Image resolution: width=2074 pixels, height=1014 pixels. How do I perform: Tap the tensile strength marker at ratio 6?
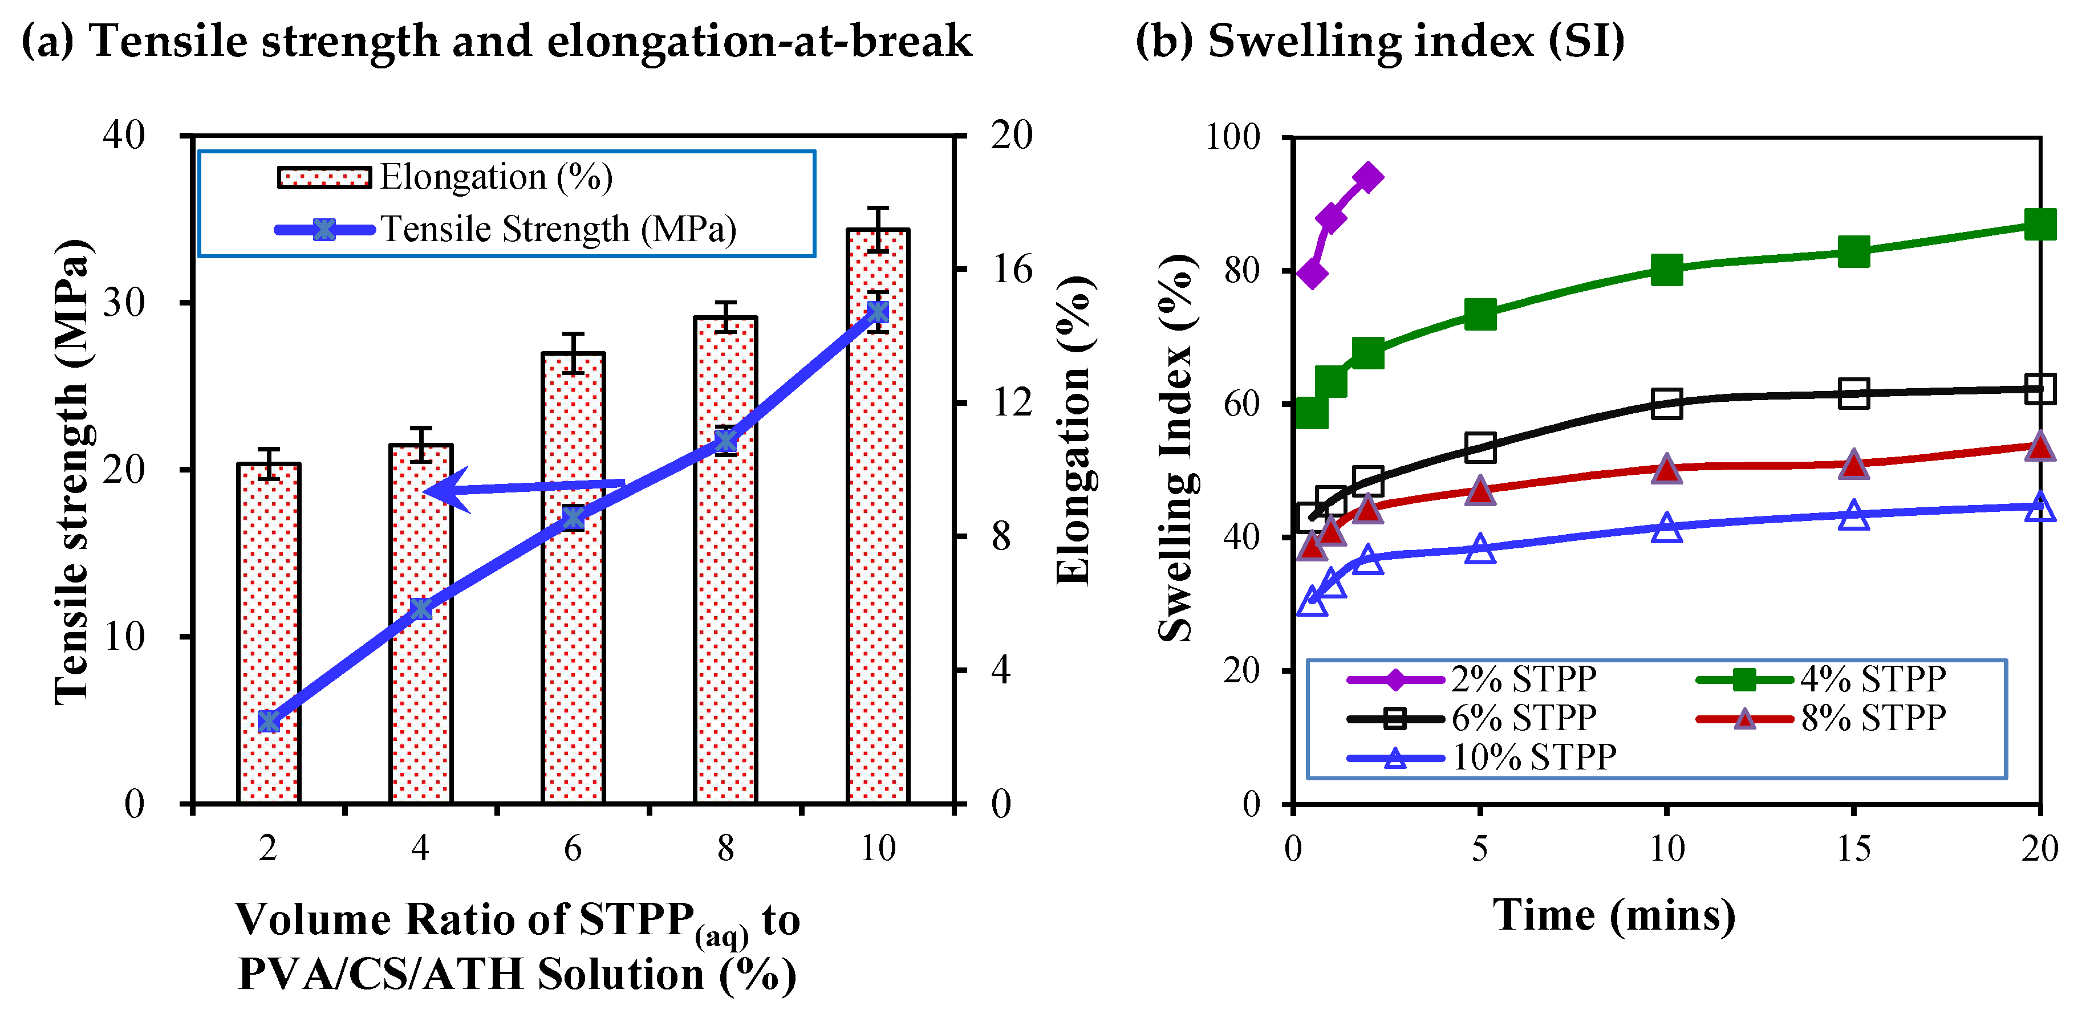click(x=573, y=518)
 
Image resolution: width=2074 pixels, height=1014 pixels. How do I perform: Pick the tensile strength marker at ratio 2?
click(x=269, y=721)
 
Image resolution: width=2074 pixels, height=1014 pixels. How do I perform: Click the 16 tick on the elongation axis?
click(x=1011, y=269)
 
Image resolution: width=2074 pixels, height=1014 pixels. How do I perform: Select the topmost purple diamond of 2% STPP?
click(x=1368, y=178)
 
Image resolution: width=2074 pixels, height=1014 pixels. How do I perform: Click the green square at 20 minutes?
click(x=2039, y=225)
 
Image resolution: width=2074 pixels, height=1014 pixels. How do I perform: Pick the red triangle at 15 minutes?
click(x=1853, y=465)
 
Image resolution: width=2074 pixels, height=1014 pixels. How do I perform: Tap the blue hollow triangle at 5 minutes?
click(x=1480, y=549)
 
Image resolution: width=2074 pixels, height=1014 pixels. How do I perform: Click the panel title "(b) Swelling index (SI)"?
click(x=1379, y=40)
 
